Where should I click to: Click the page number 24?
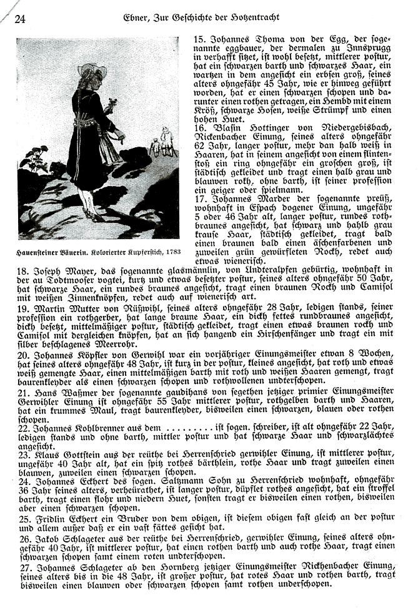pyautogui.click(x=19, y=19)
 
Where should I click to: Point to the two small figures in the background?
pyautogui.click(x=161, y=143)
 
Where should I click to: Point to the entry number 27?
pyautogui.click(x=22, y=567)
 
